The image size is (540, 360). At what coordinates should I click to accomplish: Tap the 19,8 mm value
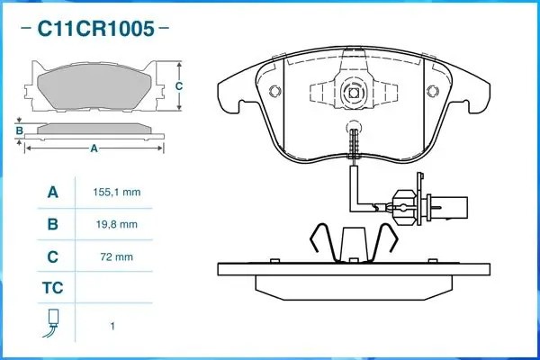(116, 224)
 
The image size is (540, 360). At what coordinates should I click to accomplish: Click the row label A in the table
(52, 193)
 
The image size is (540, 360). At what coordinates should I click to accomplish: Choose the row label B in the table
(52, 224)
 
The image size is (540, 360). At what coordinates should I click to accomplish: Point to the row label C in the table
(52, 256)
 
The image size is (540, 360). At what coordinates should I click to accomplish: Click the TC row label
(52, 289)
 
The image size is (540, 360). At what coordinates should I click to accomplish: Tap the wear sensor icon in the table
(52, 323)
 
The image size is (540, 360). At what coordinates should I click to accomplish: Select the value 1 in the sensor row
(112, 326)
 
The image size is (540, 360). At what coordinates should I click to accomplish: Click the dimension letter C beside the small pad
(178, 85)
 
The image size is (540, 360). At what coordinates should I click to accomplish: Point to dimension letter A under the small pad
(94, 149)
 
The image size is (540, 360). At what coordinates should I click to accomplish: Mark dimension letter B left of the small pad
(19, 131)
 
